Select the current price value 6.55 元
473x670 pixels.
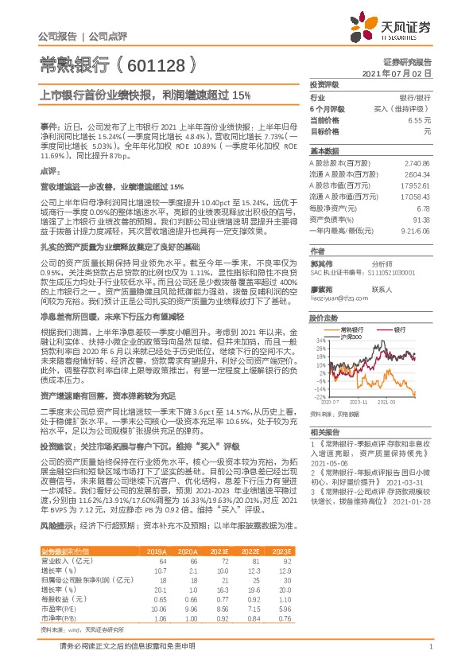(421, 119)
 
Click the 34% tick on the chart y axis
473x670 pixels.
(321, 341)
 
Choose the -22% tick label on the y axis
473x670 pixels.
(320, 395)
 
